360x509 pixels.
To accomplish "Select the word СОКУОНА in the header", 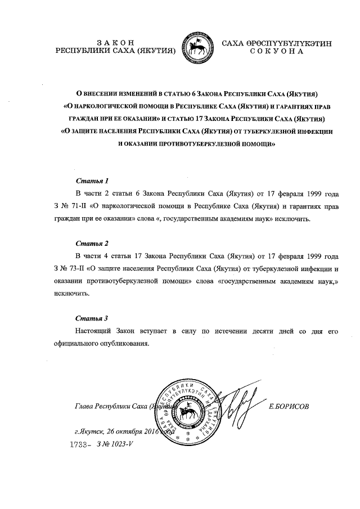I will click(x=277, y=51).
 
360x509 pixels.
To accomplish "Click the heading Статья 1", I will click(x=92, y=181).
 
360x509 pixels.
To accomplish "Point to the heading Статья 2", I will click(x=92, y=244).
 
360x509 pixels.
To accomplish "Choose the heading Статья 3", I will click(x=92, y=318).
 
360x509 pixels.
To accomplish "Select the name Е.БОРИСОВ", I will click(x=289, y=406).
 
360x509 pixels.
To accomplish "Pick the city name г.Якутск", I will click(x=89, y=432).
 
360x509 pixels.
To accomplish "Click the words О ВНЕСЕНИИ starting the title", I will click(x=98, y=94).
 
